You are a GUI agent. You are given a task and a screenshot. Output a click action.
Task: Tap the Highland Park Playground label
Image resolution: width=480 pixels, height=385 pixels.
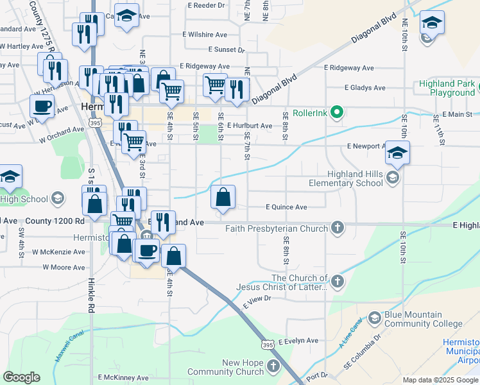tap(447, 88)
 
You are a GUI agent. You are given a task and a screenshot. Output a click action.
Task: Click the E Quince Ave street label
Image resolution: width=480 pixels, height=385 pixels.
tap(286, 207)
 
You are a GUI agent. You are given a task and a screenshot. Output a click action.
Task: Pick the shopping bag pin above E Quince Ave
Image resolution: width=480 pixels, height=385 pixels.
tap(223, 198)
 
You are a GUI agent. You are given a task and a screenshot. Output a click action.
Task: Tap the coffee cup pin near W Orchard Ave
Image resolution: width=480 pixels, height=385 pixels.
tap(42, 105)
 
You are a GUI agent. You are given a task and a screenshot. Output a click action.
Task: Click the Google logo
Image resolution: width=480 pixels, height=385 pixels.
tap(22, 377)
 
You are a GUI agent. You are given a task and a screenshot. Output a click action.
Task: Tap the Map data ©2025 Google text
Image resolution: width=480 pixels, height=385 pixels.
tap(440, 380)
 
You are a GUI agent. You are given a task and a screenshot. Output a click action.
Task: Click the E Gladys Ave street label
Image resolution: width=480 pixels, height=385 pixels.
tap(364, 88)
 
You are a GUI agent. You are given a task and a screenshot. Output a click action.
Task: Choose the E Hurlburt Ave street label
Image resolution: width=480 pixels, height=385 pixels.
tap(249, 126)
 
